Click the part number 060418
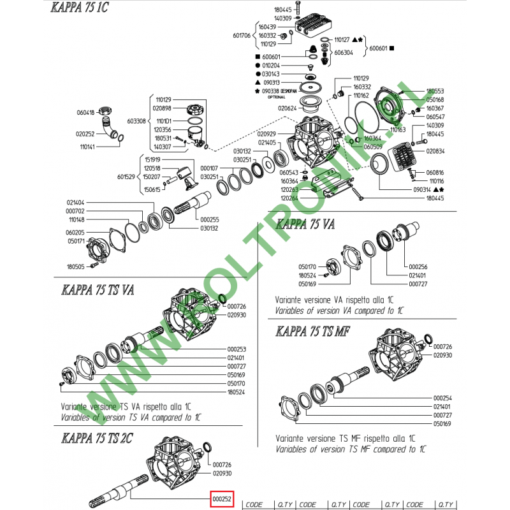pos(85,113)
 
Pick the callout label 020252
pos(85,134)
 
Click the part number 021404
pos(76,202)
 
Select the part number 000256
pos(418,266)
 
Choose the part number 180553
pos(435,92)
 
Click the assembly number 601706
pos(244,36)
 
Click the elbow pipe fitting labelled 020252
pos(113,126)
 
